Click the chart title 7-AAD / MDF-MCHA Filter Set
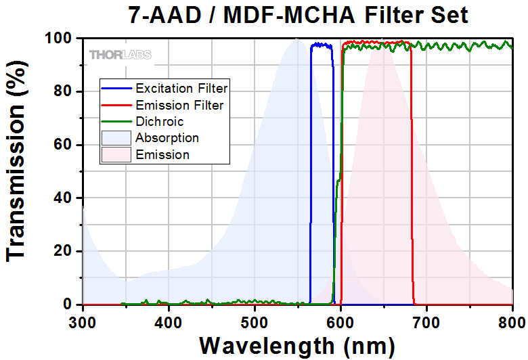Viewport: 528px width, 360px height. click(x=298, y=14)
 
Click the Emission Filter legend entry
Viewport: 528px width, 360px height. click(x=179, y=105)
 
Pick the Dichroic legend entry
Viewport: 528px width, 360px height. click(x=159, y=122)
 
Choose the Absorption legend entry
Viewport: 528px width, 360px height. click(x=167, y=138)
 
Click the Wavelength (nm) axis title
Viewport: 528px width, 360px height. click(x=297, y=345)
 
